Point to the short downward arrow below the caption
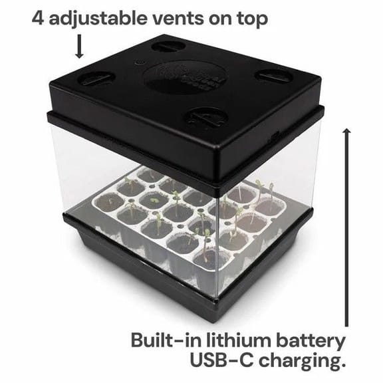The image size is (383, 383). tap(79, 47)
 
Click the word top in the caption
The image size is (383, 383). tap(252, 19)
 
